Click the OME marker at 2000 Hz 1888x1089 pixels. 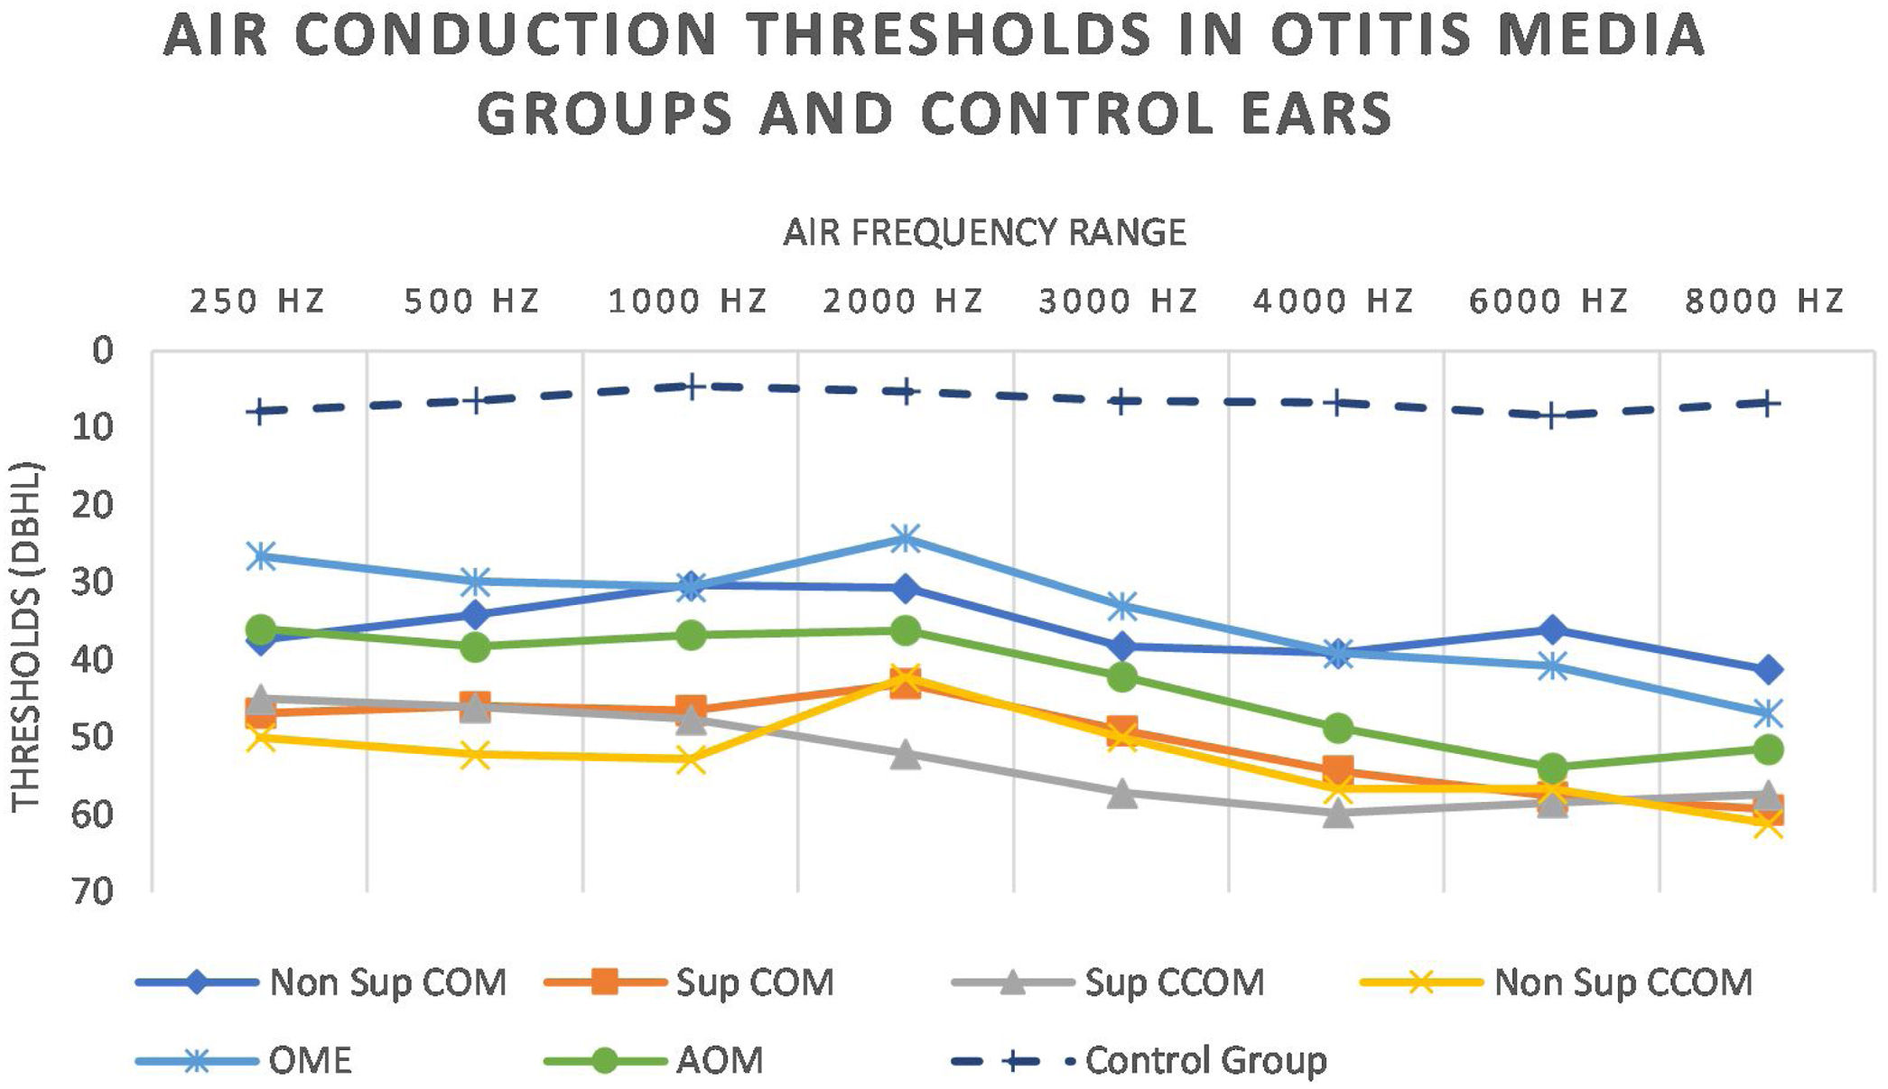(905, 539)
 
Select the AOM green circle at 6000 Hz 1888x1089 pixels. (1552, 769)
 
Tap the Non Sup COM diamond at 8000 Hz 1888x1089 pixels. (1767, 670)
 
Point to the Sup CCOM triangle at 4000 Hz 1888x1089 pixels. (1337, 813)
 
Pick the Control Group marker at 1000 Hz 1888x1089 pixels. (691, 386)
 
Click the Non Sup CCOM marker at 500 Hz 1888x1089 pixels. (475, 754)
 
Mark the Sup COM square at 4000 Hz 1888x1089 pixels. (1337, 771)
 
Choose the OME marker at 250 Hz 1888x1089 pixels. (260, 556)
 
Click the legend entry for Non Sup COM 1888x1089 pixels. (321, 982)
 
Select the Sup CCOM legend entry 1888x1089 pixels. (1109, 982)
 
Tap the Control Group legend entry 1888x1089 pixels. (1139, 1060)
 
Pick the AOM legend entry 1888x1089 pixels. (655, 1060)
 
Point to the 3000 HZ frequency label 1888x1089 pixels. (1119, 301)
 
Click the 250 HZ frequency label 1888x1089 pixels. (257, 301)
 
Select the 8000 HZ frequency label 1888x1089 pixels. (1764, 301)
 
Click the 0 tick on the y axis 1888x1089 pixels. (104, 350)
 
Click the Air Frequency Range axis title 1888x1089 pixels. (984, 233)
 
